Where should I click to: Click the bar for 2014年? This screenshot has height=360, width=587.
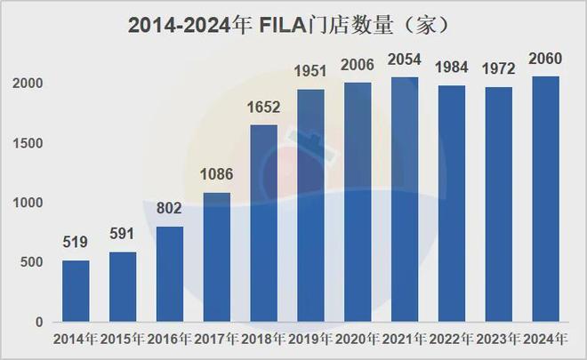pos(76,291)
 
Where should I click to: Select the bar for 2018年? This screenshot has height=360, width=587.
pos(263,223)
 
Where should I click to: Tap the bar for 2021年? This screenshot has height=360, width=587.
pos(404,199)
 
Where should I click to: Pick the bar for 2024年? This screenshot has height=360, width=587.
pos(544,199)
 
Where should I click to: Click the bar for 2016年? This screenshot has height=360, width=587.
pos(170,274)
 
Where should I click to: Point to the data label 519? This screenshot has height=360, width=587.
pos(76,242)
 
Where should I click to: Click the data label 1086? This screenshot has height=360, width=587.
pos(217,175)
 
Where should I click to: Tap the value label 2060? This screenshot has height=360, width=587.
pos(544,59)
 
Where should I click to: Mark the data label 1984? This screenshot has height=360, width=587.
pos(451,68)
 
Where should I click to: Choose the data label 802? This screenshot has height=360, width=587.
pos(170,209)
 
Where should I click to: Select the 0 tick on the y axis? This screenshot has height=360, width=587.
pos(40,322)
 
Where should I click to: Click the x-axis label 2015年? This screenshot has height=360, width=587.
pos(123,340)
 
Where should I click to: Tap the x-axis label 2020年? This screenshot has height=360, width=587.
pos(358,340)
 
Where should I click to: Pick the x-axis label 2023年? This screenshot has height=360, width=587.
pos(498,340)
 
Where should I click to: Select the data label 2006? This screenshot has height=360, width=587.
pos(358,65)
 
